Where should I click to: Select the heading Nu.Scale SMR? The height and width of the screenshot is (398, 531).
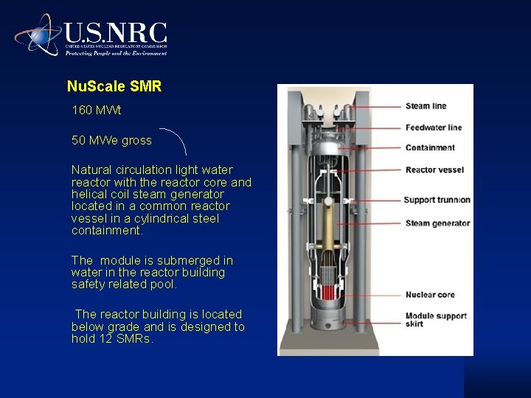(114, 86)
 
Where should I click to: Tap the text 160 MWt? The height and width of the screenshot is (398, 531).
(97, 111)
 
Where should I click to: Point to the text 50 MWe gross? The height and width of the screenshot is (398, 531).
(111, 140)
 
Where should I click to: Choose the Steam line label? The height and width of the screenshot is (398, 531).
(426, 106)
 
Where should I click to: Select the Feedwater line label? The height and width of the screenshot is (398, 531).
(433, 128)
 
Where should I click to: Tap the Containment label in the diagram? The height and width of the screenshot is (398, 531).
(430, 147)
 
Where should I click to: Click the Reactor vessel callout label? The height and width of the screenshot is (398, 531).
(434, 170)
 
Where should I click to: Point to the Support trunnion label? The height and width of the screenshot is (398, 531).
(437, 200)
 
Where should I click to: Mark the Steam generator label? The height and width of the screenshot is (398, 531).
(437, 223)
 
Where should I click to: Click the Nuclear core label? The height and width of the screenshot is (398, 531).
(429, 295)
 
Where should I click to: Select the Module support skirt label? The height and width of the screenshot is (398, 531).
(435, 320)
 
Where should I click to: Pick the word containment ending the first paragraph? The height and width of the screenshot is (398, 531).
(107, 231)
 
